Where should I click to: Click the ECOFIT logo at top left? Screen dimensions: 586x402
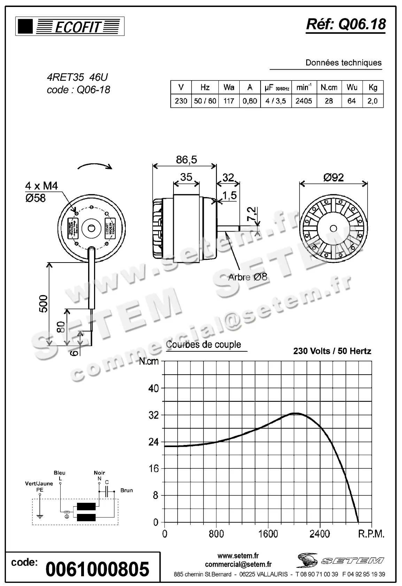70,26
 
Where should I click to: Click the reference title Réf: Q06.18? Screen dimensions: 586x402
346,24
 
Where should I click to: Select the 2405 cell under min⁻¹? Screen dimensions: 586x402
303,101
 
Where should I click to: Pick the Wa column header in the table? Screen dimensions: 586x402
229,87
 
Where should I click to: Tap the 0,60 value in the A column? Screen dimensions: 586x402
249,101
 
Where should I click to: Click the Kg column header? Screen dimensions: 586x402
373,87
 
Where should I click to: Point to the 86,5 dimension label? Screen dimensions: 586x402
186,159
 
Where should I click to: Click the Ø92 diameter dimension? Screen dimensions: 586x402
333,178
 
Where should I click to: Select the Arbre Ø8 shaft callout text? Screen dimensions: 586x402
247,277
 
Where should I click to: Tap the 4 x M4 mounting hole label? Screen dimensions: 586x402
41,186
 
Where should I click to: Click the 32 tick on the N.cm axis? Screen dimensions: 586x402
154,415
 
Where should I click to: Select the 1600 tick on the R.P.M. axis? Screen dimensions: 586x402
268,534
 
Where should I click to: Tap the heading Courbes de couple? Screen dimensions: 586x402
203,344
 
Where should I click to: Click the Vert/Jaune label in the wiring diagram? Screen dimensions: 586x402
39,483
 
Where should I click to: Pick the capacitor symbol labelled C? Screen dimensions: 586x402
107,491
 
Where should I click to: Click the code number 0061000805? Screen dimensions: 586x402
98,569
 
